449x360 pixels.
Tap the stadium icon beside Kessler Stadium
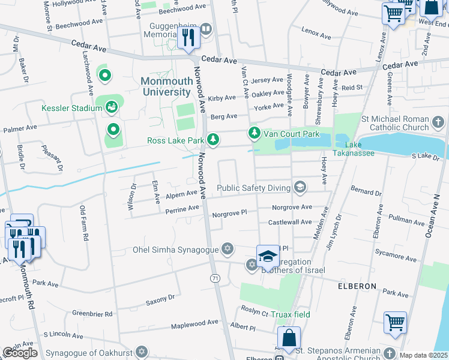pyautogui.click(x=111, y=108)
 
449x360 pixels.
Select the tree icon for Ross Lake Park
pyautogui.click(x=213, y=140)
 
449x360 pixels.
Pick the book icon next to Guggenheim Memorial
pyautogui.click(x=206, y=28)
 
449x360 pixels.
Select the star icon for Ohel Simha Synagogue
pyautogui.click(x=227, y=248)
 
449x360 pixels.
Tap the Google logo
pyautogui.click(x=20, y=353)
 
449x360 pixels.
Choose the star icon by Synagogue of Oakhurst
pyautogui.click(x=142, y=351)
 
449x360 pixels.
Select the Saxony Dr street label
pyautogui.click(x=160, y=299)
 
